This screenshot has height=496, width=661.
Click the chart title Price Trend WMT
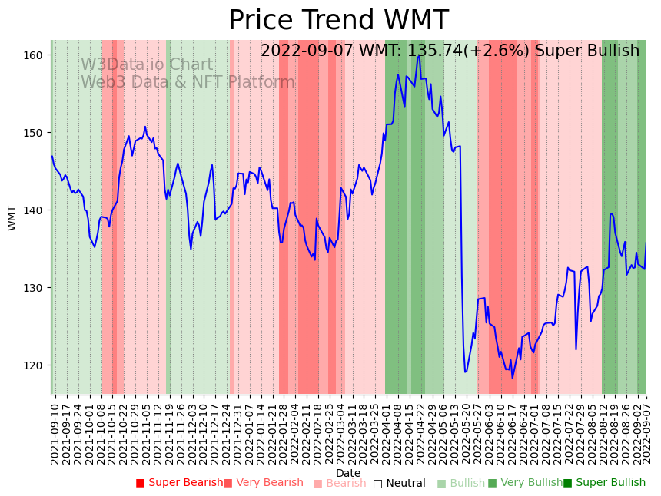(338, 20)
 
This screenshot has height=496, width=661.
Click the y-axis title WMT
(12, 217)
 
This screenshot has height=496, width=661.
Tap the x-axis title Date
(348, 473)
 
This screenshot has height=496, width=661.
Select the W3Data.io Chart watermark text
(147, 65)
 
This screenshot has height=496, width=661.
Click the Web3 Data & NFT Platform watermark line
(188, 82)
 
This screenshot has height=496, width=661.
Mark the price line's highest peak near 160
(418, 55)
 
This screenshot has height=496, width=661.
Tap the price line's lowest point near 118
(513, 377)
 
